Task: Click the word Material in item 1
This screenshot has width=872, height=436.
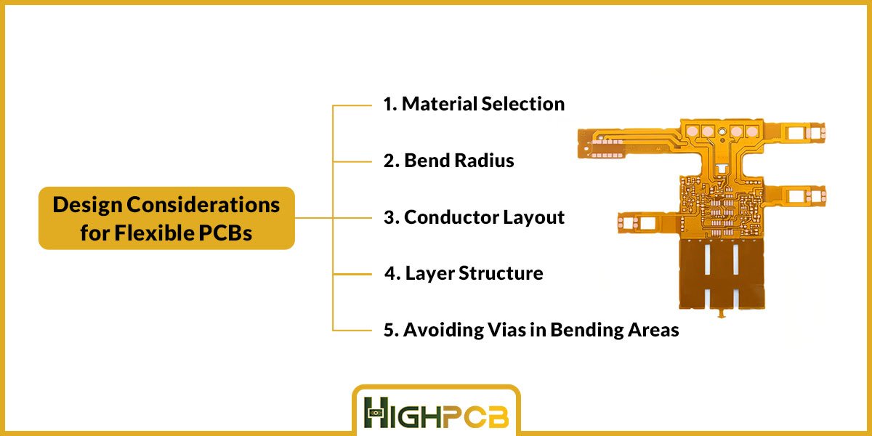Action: pos(440,104)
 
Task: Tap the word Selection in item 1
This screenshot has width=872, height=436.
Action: pos(523,104)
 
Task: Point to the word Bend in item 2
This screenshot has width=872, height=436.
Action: pos(427,161)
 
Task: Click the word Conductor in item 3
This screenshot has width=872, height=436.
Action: pos(451,217)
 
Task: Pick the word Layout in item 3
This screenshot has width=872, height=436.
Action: pos(533,217)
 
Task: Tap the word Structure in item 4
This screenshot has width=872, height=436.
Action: pos(501,273)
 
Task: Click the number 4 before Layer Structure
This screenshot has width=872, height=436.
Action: pos(390,273)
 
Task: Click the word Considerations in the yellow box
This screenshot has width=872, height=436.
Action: pos(203,205)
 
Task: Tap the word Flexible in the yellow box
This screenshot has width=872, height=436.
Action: pos(155,233)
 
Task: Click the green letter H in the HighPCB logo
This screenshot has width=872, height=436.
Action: pos(376,413)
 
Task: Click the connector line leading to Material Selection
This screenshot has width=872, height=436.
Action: pos(352,105)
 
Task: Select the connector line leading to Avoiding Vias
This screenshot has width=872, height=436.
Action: pos(352,331)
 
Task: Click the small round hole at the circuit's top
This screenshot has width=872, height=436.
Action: pos(722,132)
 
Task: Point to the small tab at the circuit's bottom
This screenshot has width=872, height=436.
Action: pos(722,313)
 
